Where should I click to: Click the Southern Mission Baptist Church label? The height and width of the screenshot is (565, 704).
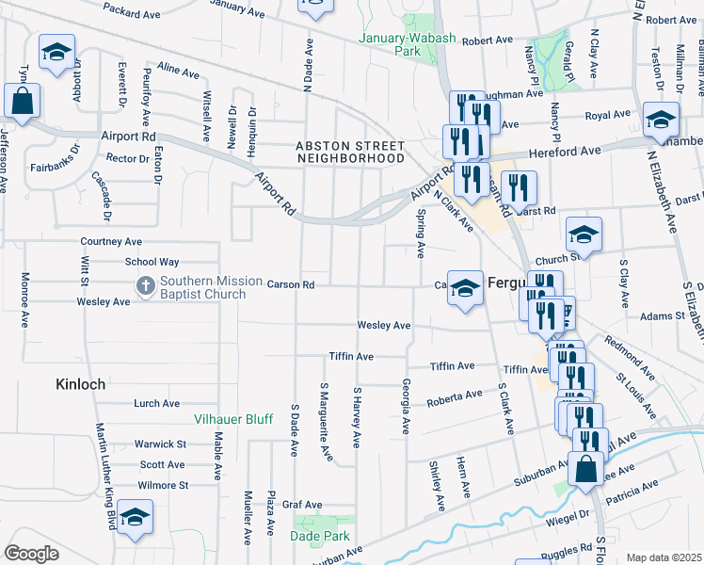pos(202,287)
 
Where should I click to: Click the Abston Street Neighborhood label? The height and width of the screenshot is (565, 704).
pos(350,153)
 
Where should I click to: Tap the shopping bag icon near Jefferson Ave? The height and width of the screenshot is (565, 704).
pos(22,100)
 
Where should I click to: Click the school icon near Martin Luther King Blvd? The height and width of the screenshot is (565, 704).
pos(135,517)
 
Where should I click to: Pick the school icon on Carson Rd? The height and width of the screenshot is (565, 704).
pos(464,288)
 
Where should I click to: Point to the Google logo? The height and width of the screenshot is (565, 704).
pos(31,553)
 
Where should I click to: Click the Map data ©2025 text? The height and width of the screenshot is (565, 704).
pos(664,557)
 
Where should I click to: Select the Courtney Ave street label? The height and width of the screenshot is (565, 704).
pos(111,241)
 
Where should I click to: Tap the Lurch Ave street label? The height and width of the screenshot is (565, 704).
pos(157,403)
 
